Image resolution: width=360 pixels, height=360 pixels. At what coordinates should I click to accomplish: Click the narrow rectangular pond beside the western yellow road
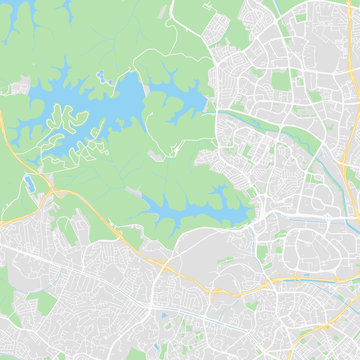31,185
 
